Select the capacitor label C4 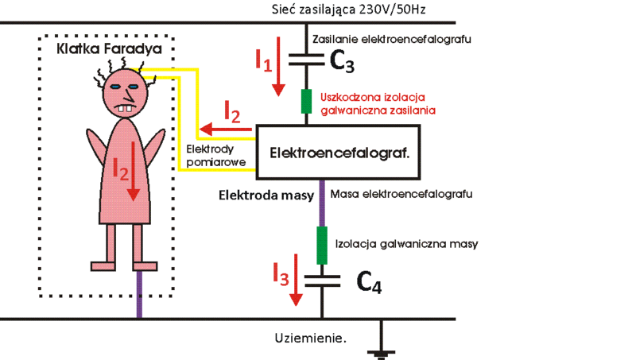(368, 282)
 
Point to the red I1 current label (265, 58)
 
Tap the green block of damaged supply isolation (306, 103)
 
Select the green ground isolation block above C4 (322, 245)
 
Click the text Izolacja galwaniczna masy (407, 244)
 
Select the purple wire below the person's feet (139, 294)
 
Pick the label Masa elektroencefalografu (401, 194)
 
